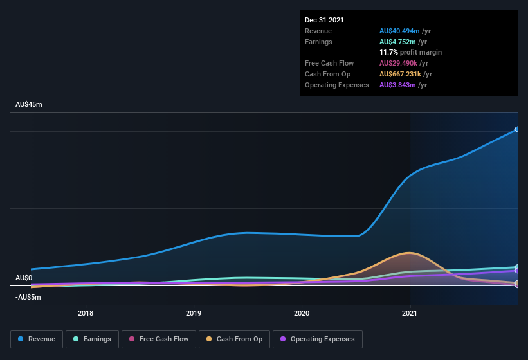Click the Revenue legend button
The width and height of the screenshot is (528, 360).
(37, 339)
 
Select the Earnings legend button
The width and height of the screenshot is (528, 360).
(93, 339)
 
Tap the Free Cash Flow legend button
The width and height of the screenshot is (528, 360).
(158, 339)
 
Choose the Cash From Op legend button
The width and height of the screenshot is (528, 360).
(234, 339)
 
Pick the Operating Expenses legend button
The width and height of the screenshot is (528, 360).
(318, 339)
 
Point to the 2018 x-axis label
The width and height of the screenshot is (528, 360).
(86, 314)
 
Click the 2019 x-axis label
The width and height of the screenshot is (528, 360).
(194, 314)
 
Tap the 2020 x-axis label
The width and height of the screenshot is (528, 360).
(302, 314)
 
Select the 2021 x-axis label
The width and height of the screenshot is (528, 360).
(410, 314)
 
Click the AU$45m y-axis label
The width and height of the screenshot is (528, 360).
(28, 104)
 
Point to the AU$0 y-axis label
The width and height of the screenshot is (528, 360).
(24, 278)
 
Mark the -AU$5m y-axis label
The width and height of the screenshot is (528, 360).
(28, 297)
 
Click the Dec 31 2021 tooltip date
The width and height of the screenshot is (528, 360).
(324, 20)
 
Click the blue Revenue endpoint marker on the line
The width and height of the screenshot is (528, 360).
(517, 129)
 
